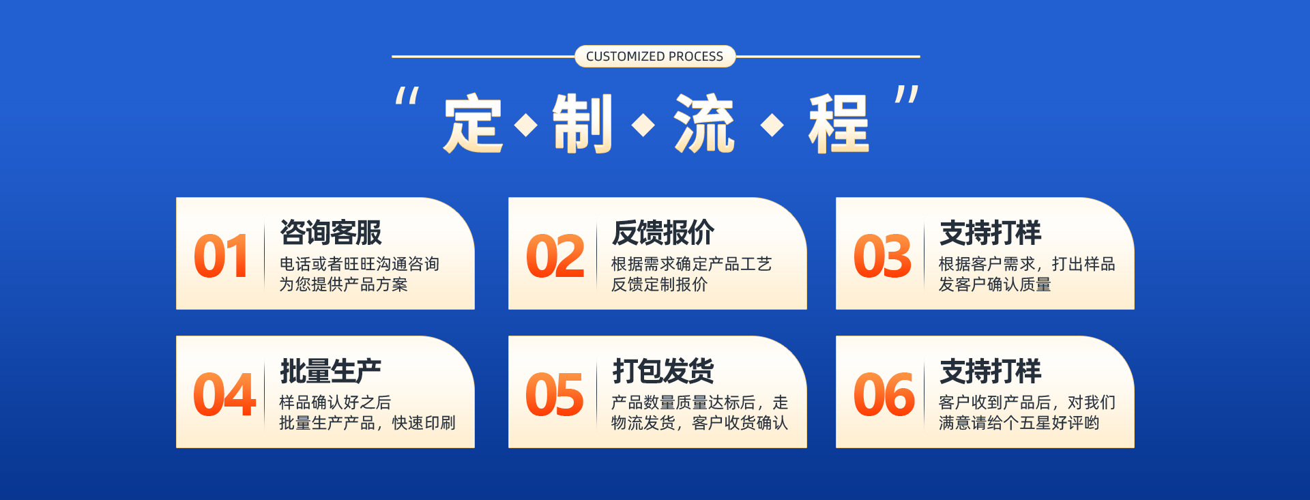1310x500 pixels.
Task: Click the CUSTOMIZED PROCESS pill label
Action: (x=655, y=57)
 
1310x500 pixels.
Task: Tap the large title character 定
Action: (x=473, y=124)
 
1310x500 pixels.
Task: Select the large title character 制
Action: (x=582, y=124)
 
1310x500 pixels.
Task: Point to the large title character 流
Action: (x=704, y=124)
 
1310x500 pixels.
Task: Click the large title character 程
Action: (x=839, y=124)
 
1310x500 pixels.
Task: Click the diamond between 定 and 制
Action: (x=526, y=125)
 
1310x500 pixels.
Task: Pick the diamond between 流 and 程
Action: (x=772, y=125)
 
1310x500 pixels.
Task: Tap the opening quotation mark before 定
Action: (x=407, y=95)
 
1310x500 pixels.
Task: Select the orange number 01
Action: (x=220, y=256)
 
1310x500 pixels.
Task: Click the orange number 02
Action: (x=555, y=256)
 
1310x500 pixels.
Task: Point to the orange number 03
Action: (x=882, y=256)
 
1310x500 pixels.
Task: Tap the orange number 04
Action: (x=224, y=395)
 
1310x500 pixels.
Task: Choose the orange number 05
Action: (x=555, y=395)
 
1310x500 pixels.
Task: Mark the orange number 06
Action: (x=884, y=395)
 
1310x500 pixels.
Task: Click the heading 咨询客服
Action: (x=331, y=233)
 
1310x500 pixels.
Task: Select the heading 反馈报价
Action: (x=663, y=233)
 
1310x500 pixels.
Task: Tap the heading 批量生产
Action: (x=331, y=371)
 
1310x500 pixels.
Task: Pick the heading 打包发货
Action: (x=663, y=371)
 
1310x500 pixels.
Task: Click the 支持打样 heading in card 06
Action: (x=991, y=371)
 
